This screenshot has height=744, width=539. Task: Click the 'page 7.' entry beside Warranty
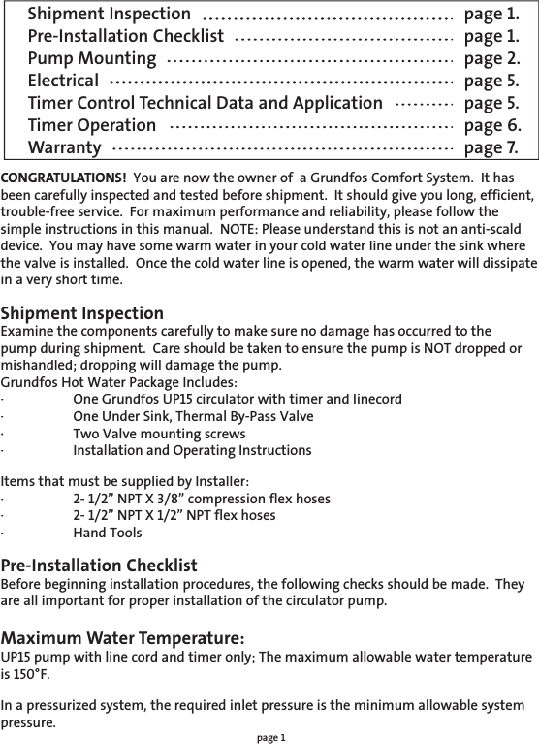tap(491, 147)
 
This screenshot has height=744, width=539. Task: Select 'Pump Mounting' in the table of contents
tap(92, 58)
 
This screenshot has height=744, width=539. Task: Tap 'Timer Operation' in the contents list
tap(92, 125)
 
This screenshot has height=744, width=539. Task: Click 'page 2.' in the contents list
tap(491, 58)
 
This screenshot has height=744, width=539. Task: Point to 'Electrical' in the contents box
tap(64, 81)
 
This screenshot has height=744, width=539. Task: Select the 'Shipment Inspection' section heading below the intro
tap(82, 313)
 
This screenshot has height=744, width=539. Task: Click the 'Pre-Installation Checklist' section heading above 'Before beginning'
tap(100, 566)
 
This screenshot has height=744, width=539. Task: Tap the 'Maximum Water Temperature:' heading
tap(122, 638)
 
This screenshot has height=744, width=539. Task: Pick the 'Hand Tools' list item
tap(108, 533)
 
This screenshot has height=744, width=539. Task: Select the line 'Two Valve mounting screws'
tap(159, 433)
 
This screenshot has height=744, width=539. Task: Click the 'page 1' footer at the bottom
tap(271, 737)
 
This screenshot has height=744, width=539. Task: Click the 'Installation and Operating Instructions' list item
tap(192, 450)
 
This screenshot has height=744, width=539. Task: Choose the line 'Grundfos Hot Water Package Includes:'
tap(118, 381)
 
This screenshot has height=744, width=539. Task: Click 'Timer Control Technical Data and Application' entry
tap(206, 103)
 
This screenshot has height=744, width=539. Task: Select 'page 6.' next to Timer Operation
tap(491, 125)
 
